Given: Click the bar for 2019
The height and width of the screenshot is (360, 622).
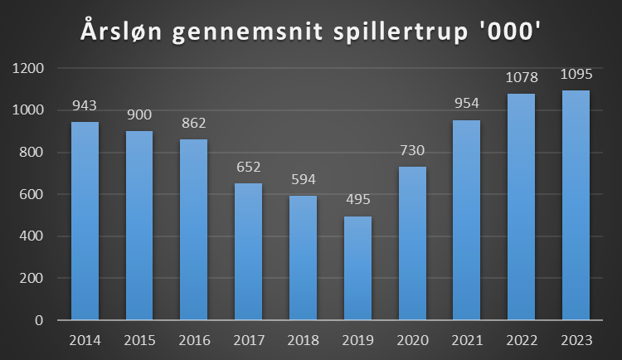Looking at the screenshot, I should point(357,268).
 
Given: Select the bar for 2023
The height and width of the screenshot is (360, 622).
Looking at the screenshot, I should point(576,205).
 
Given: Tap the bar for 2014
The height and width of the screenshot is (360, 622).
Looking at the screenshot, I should point(85,221).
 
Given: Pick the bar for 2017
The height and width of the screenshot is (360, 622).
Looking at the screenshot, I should point(248,251).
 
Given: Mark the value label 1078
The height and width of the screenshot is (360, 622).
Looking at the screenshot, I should point(522,77).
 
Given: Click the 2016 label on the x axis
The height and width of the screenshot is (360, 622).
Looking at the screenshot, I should point(193,340).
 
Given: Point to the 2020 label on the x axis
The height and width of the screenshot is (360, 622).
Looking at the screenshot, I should point(412,340).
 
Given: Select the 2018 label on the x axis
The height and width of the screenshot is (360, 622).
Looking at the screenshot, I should point(303,340).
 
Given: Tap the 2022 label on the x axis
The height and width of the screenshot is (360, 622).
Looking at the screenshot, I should point(522,340).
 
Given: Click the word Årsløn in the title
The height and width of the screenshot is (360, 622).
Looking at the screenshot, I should point(122,33).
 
